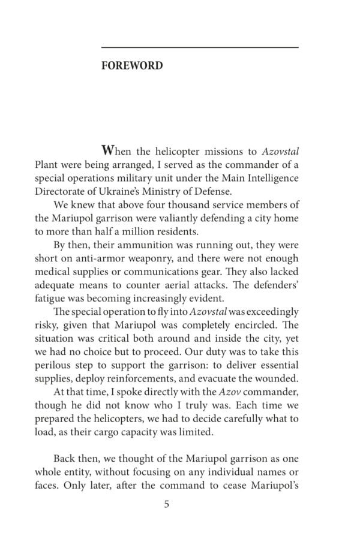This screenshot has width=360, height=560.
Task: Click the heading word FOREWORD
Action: [x=132, y=65]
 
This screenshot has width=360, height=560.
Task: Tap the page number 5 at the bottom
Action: [x=167, y=504]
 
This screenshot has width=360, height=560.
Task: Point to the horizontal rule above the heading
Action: [x=200, y=47]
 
